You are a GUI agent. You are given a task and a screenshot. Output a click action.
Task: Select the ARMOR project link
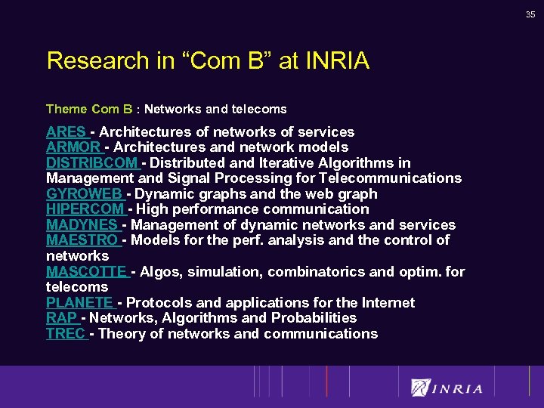[x=73, y=147]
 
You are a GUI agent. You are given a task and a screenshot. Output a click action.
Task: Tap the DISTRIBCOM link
[x=91, y=163]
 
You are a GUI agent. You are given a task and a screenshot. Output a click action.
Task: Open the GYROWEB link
[x=84, y=194]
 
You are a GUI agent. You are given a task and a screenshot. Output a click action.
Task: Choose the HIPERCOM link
[x=85, y=209]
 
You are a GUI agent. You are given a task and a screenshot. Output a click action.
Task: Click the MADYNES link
[x=82, y=225]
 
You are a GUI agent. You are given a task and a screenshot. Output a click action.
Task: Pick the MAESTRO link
[x=82, y=240]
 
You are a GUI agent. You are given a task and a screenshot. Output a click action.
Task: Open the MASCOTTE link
[x=86, y=271]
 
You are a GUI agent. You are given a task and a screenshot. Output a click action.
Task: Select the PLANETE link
[x=79, y=303]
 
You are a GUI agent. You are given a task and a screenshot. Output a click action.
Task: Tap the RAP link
[x=61, y=318]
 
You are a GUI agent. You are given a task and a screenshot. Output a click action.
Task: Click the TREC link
[x=66, y=334]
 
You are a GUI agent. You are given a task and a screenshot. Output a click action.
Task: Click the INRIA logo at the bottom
[x=447, y=388]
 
